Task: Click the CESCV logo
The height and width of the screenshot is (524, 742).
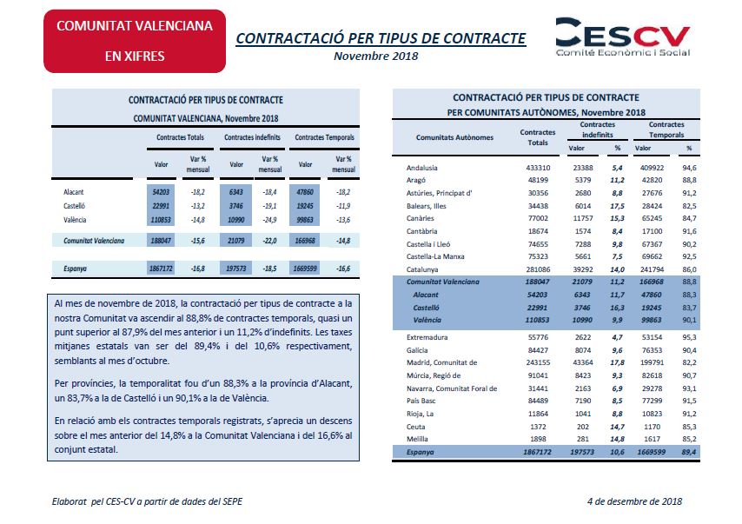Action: click(623, 37)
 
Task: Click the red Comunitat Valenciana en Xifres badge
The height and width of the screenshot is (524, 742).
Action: click(135, 41)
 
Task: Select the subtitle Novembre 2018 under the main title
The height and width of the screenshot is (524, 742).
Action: click(375, 56)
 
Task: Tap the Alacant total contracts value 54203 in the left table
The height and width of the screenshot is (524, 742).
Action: click(161, 192)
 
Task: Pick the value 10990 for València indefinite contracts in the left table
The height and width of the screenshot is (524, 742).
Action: click(236, 220)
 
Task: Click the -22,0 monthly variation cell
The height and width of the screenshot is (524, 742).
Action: click(269, 241)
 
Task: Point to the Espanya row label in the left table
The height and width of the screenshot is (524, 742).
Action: click(76, 269)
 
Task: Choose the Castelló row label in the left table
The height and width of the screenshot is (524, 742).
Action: click(75, 206)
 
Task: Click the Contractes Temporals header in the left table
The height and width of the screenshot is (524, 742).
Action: click(324, 137)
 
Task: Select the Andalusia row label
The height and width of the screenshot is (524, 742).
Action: click(421, 168)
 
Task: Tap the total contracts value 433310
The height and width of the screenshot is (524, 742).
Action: click(538, 168)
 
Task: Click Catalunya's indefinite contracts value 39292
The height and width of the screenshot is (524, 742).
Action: click(582, 269)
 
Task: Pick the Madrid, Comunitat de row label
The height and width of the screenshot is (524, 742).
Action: click(441, 362)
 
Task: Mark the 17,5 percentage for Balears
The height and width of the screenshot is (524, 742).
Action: click(617, 206)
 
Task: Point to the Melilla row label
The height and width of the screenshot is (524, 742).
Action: click(417, 439)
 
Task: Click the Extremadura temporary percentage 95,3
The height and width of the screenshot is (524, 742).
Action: click(689, 337)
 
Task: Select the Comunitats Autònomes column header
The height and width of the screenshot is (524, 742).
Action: click(454, 137)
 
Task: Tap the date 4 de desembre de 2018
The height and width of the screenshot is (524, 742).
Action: click(634, 501)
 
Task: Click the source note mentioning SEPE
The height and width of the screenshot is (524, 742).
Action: click(147, 501)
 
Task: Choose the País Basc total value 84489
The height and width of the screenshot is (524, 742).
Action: click(538, 401)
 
